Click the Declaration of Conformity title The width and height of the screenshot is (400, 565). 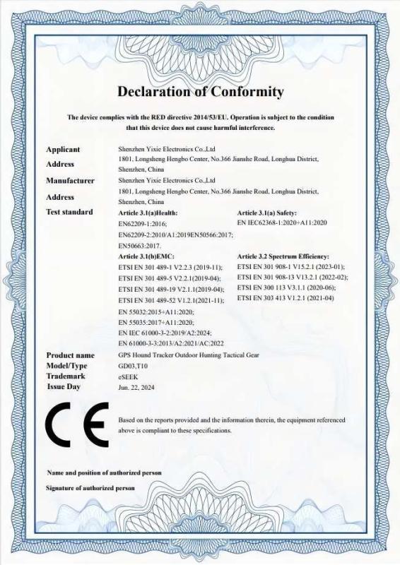pyautogui.click(x=200, y=92)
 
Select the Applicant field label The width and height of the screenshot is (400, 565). pyautogui.click(x=63, y=150)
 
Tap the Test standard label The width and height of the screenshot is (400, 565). pyautogui.click(x=69, y=212)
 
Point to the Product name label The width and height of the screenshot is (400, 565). pyautogui.click(x=70, y=355)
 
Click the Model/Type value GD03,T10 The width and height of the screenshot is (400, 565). pyautogui.click(x=134, y=366)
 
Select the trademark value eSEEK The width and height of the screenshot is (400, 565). pyautogui.click(x=128, y=376)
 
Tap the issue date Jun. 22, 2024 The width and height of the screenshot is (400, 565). pyautogui.click(x=137, y=387)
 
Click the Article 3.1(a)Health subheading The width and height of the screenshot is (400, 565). pyautogui.click(x=148, y=213)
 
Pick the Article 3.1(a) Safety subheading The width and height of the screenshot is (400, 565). pyautogui.click(x=267, y=213)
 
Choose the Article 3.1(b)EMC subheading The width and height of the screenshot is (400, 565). pyautogui.click(x=146, y=256)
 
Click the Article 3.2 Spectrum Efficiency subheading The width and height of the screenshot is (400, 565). pyautogui.click(x=283, y=256)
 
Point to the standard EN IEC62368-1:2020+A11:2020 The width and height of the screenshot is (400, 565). pyautogui.click(x=282, y=222)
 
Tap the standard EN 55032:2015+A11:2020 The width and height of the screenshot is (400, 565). pyautogui.click(x=156, y=311)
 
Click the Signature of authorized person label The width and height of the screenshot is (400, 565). pyautogui.click(x=90, y=488)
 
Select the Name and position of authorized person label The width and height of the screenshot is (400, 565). pyautogui.click(x=104, y=472)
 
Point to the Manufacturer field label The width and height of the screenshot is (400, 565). pyautogui.click(x=70, y=181)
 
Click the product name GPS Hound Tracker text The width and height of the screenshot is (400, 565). pyautogui.click(x=189, y=355)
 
